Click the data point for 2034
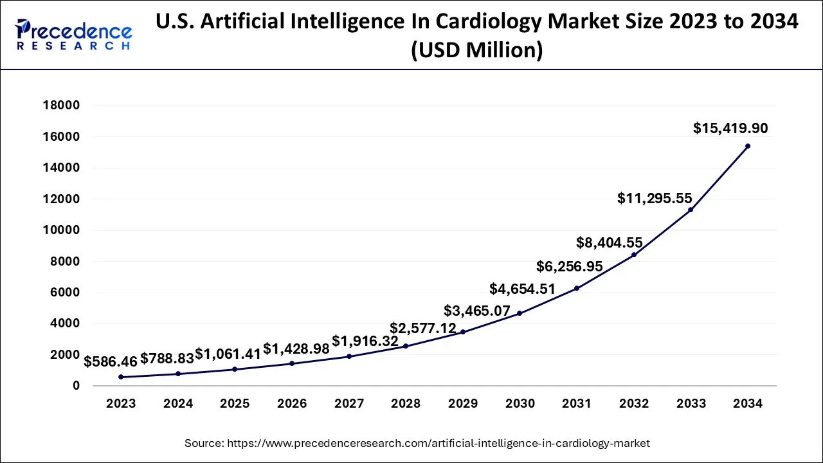747,146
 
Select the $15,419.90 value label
730,128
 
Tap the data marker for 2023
121,377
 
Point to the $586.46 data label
111,361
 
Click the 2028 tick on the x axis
406,404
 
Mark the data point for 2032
634,255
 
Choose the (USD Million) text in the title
476,50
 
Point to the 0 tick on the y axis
76,385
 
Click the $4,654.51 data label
522,289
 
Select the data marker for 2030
520,313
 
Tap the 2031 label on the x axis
577,404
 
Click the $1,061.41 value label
228,354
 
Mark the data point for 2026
292,363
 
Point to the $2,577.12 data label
423,329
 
